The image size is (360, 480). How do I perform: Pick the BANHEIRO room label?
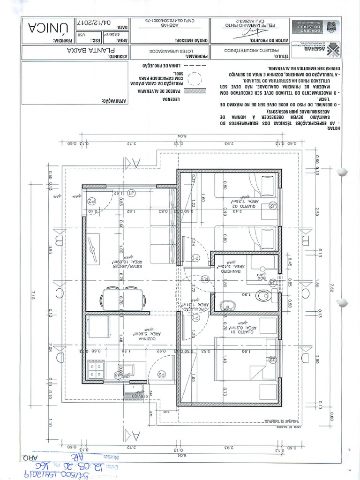pyautogui.click(x=226, y=271)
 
